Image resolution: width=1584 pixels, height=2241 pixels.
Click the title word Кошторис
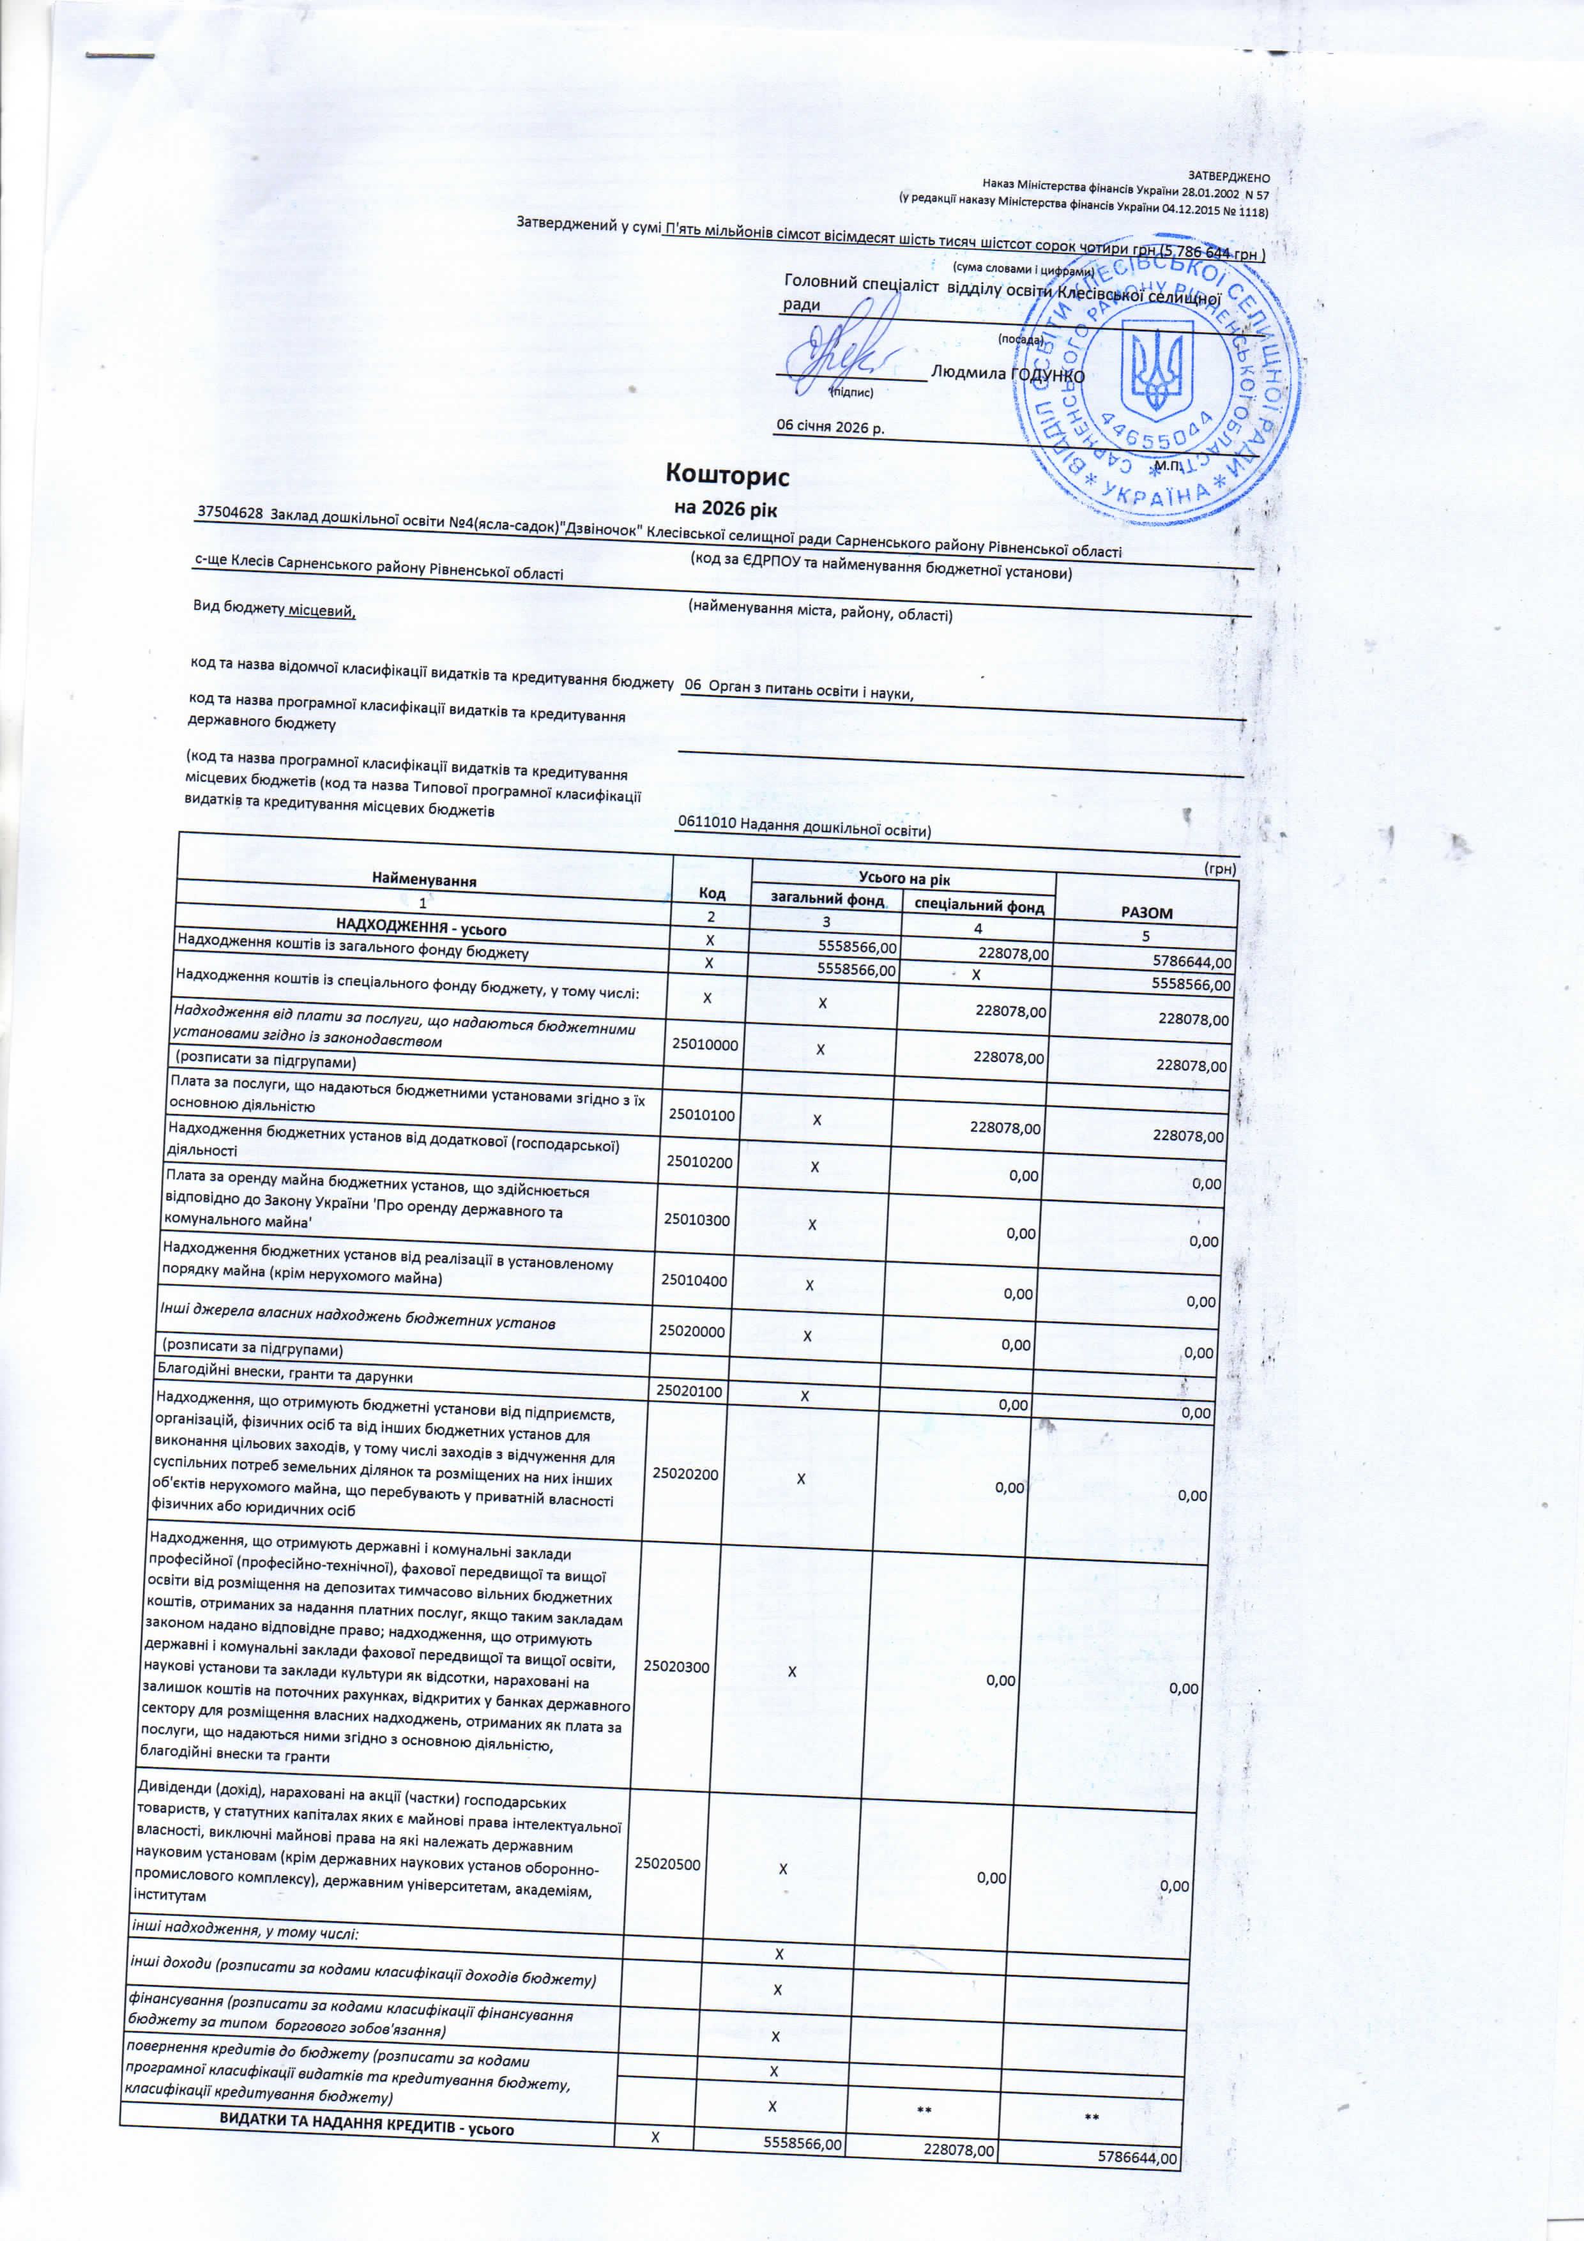(726, 475)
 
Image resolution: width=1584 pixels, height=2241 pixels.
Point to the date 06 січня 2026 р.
(830, 427)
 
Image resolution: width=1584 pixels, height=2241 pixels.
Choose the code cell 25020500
(667, 1864)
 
